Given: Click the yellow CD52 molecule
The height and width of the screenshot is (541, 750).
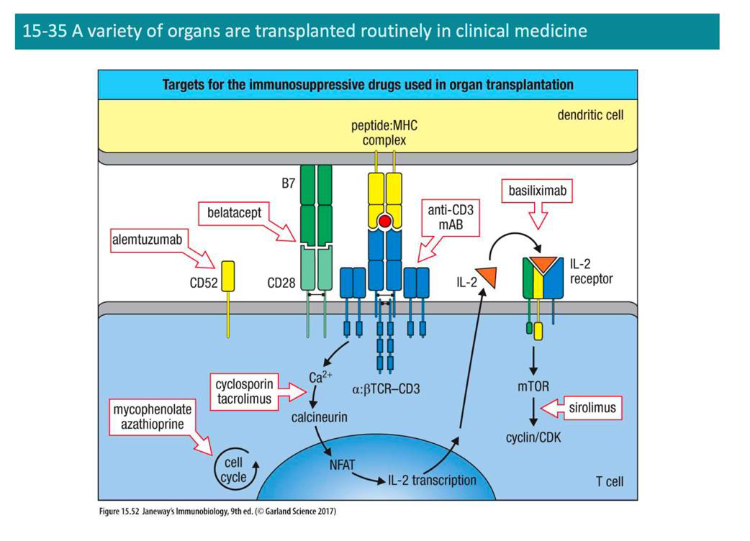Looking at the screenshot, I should tap(227, 276).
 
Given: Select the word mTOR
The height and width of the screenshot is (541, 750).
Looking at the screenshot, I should tap(533, 387).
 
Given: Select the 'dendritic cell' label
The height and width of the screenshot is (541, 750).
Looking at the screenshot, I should tap(591, 114).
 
